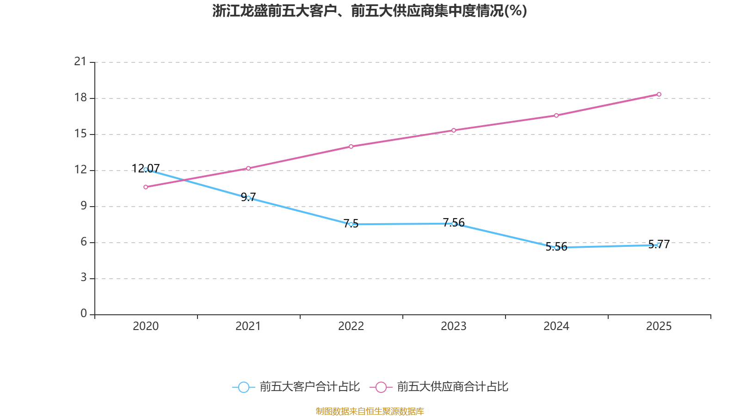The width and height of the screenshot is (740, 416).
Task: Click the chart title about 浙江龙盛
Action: point(370,11)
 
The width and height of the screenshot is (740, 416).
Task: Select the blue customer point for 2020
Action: point(146,170)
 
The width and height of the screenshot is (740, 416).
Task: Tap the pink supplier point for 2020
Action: point(146,187)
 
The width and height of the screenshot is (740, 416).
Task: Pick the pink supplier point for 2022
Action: point(351,147)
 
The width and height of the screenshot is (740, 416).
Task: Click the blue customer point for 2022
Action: point(351,224)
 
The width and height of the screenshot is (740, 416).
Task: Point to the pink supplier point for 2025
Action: point(659,94)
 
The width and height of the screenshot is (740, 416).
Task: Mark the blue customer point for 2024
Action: point(556,248)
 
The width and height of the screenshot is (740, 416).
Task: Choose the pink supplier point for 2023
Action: point(454,130)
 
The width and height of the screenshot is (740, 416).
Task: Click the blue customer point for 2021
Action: point(248,198)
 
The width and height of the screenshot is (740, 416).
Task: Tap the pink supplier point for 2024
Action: point(556,115)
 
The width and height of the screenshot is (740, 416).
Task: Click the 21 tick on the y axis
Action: point(80,61)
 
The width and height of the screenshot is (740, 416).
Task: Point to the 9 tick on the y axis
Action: point(84,206)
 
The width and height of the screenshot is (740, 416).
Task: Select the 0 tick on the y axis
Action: point(84,314)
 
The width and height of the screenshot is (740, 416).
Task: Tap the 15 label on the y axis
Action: point(80,134)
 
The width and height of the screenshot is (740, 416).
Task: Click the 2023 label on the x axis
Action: point(454,326)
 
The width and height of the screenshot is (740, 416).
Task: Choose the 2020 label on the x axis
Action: point(146,326)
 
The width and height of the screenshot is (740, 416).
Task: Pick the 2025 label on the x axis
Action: point(659,326)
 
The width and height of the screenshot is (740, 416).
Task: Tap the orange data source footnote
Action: point(370,411)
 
